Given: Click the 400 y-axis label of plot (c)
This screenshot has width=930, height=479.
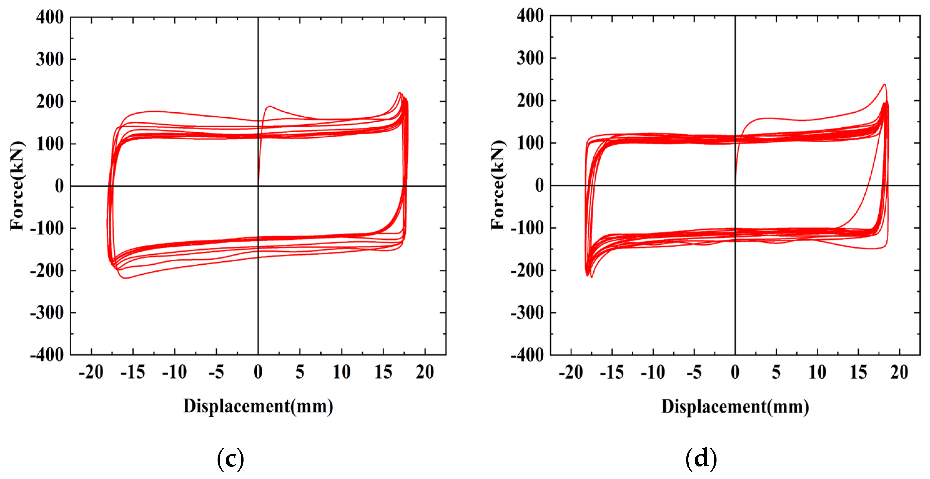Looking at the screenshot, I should coord(50,17).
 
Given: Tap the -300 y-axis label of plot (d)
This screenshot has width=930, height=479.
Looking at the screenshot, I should coord(527,313).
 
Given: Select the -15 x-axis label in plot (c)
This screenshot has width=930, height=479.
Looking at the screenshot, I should coord(133,372).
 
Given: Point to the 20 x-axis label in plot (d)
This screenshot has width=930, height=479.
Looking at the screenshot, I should coord(899,372).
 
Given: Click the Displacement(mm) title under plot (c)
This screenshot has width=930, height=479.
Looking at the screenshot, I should coord(258,406).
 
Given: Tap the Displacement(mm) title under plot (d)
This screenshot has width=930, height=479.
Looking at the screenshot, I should coord(735,407).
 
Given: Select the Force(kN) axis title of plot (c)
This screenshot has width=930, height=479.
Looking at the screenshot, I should coord(17,186).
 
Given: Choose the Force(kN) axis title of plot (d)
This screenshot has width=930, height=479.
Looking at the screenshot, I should coord(498,185).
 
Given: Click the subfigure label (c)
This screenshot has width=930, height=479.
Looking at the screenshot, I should coord(230,459).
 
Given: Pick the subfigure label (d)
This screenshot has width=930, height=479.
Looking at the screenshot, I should coord(701,459).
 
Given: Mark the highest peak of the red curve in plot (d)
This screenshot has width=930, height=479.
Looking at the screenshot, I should coord(884,84).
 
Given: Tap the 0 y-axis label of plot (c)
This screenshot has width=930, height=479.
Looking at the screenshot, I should coord(59,186).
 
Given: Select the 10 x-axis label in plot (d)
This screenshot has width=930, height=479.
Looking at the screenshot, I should coord(817,372).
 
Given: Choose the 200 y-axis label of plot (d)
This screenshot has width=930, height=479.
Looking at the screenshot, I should coord(530,101).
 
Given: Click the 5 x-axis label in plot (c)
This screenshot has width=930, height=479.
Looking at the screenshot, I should coord(300,372).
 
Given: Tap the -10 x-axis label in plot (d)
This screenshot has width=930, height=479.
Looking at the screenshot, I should coord(653,372).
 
